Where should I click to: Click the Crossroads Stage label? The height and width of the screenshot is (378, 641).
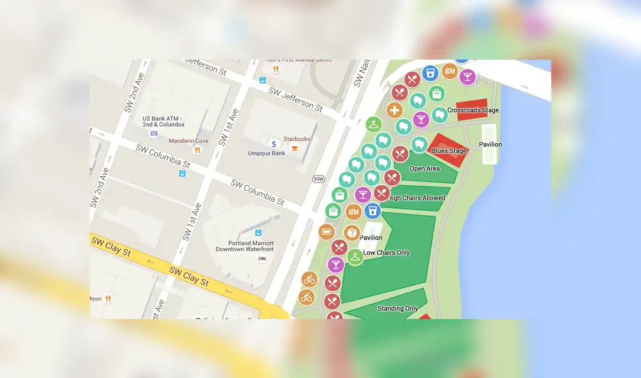pyautogui.click(x=473, y=111)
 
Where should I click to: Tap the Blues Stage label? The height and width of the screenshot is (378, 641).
pyautogui.click(x=449, y=151)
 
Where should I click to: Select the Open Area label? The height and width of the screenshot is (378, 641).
pyautogui.click(x=424, y=168)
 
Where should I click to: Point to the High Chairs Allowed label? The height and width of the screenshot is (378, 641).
pyautogui.click(x=417, y=198)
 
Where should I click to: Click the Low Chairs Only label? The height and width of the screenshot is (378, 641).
pyautogui.click(x=387, y=253)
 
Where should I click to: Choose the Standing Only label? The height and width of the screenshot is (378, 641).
pyautogui.click(x=397, y=309)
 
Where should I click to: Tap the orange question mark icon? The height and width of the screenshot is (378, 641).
pyautogui.click(x=351, y=233)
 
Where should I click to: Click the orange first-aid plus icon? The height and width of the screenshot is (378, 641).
pyautogui.click(x=394, y=110)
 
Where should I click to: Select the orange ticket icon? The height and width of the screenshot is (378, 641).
pyautogui.click(x=326, y=231)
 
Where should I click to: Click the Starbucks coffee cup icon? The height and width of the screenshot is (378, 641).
pyautogui.click(x=295, y=149)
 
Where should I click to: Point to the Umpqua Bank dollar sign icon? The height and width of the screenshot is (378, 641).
pyautogui.click(x=274, y=144)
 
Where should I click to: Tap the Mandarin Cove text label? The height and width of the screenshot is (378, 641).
pyautogui.click(x=188, y=141)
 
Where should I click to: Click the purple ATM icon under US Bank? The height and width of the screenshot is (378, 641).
pyautogui.click(x=154, y=133)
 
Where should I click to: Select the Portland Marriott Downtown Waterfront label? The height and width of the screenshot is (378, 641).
pyautogui.click(x=245, y=246)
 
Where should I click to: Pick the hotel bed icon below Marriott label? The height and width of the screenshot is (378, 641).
pyautogui.click(x=262, y=258)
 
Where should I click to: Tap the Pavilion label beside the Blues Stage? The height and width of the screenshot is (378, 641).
pyautogui.click(x=490, y=144)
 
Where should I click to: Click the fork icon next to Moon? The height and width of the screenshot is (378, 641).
pyautogui.click(x=108, y=299)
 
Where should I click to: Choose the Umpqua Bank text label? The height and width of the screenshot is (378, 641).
pyautogui.click(x=267, y=153)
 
